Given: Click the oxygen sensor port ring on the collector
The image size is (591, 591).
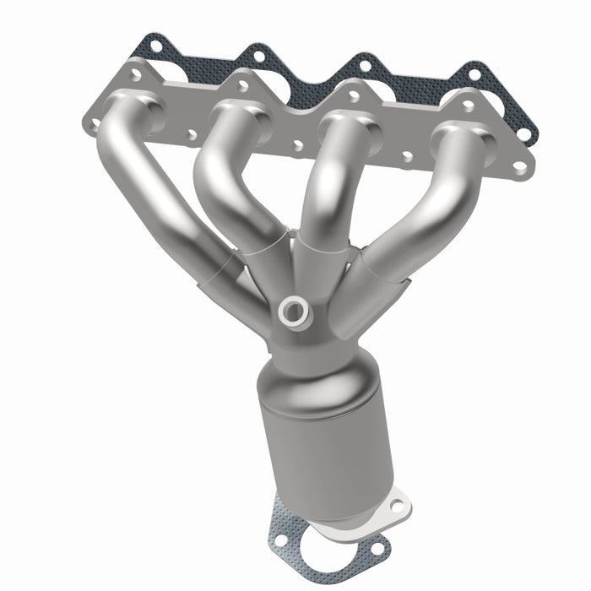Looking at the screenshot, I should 295,312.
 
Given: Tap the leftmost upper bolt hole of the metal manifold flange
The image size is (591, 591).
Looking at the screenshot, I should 135,75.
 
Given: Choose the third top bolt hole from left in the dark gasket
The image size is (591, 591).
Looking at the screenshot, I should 365,64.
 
